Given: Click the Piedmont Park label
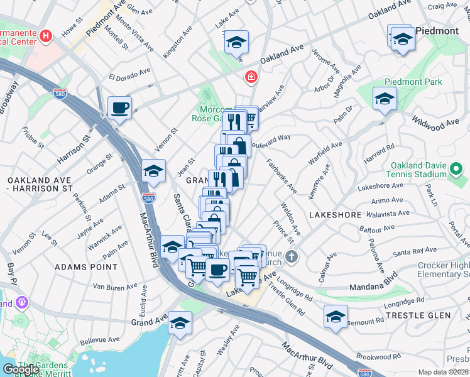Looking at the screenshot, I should click(413, 82).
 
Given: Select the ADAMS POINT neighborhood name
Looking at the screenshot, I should click(86, 267).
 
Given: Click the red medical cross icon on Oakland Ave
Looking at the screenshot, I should click(251, 77).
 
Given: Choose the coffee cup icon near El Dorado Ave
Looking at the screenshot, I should click(119, 107).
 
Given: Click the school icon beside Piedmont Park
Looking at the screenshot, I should click(384, 99).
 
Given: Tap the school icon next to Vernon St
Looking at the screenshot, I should click(153, 170).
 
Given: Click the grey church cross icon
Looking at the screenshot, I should click(291, 256).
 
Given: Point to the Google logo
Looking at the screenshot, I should click(21, 369).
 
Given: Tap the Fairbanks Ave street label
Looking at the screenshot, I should click(280, 176).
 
